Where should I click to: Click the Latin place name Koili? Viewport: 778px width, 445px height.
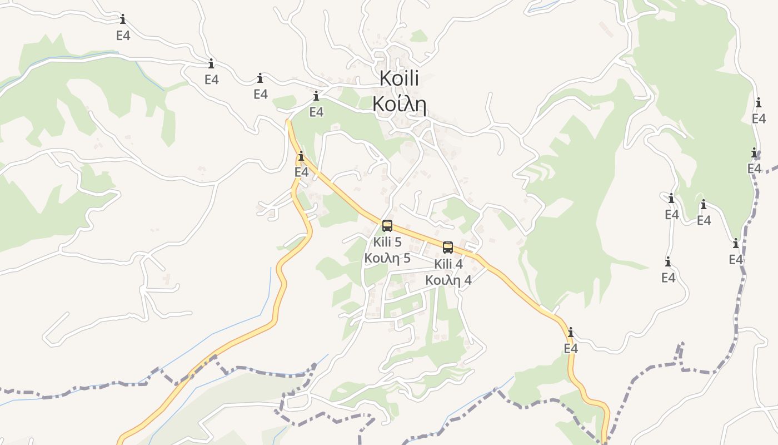pyautogui.click(x=399, y=78)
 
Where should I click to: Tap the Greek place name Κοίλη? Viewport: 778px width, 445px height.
pyautogui.click(x=399, y=104)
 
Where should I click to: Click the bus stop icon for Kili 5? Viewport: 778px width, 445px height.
pyautogui.click(x=387, y=226)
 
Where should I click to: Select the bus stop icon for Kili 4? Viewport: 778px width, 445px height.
pyautogui.click(x=448, y=248)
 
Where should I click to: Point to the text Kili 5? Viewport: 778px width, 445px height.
pyautogui.click(x=387, y=242)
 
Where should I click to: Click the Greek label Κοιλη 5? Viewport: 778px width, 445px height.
pyautogui.click(x=387, y=258)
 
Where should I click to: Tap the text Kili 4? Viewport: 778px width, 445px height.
pyautogui.click(x=448, y=264)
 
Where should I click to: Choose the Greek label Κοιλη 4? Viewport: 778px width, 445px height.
pyautogui.click(x=448, y=280)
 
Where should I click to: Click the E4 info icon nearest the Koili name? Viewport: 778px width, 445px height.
pyautogui.click(x=316, y=96)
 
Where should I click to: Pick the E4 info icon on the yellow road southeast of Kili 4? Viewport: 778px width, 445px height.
pyautogui.click(x=571, y=333)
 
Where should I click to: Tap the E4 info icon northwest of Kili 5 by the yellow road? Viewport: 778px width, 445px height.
pyautogui.click(x=301, y=156)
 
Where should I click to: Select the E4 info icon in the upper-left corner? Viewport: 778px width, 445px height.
pyautogui.click(x=123, y=19)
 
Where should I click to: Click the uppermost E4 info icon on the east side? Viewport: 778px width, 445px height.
pyautogui.click(x=759, y=103)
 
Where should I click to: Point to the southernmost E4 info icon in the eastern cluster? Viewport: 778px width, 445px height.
pyautogui.click(x=668, y=261)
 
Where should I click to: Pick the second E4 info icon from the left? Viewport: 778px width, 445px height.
pyautogui.click(x=211, y=63)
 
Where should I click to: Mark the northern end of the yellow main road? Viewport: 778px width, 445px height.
pyautogui.click(x=288, y=121)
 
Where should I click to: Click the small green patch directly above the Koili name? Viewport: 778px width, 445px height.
pyautogui.click(x=419, y=37)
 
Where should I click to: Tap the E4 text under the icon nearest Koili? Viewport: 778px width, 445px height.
pyautogui.click(x=316, y=112)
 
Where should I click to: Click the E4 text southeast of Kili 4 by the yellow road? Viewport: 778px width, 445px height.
pyautogui.click(x=571, y=349)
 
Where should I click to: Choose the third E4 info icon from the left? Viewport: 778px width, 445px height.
pyautogui.click(x=260, y=78)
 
